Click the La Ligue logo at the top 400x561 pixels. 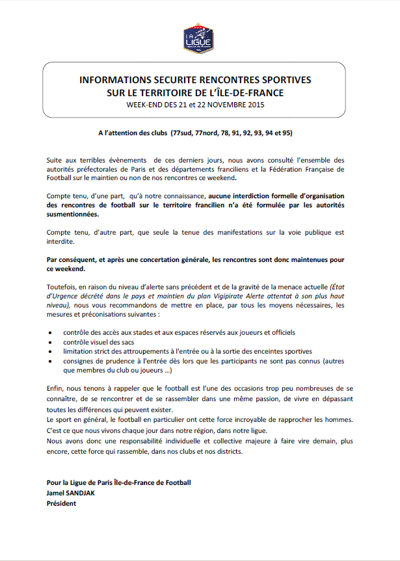tap(200, 38)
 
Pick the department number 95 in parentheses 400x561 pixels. tap(286, 133)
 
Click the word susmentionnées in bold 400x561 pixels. tap(73, 214)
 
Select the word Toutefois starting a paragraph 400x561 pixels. tap(62, 287)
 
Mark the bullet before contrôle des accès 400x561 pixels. tap(51, 332)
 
